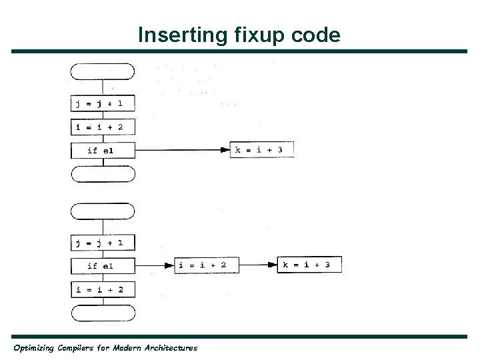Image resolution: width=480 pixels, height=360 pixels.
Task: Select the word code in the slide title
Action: pos(315,35)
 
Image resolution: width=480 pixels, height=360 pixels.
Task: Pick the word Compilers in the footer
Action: pos(87,348)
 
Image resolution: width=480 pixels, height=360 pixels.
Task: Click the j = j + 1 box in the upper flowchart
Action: pos(103,103)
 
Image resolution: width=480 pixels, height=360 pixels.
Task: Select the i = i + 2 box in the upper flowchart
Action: pos(103,127)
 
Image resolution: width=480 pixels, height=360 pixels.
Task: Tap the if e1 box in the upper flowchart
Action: pos(103,151)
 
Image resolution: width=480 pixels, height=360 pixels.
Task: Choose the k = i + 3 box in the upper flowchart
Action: pos(261,150)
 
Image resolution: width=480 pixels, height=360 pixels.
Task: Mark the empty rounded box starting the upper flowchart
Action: pos(103,71)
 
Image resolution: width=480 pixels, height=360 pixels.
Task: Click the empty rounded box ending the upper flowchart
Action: pos(103,174)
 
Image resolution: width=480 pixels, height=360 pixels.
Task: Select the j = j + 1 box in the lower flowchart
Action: pos(103,242)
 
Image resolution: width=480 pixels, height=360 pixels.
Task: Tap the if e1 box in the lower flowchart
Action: pos(103,266)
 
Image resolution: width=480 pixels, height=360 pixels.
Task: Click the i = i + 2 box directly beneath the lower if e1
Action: pos(103,289)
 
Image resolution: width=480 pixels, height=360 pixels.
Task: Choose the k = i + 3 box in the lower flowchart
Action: pos(309,265)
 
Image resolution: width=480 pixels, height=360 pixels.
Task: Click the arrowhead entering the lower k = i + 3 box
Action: pos(272,265)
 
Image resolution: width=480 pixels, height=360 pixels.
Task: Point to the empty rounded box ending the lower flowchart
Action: pos(103,313)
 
